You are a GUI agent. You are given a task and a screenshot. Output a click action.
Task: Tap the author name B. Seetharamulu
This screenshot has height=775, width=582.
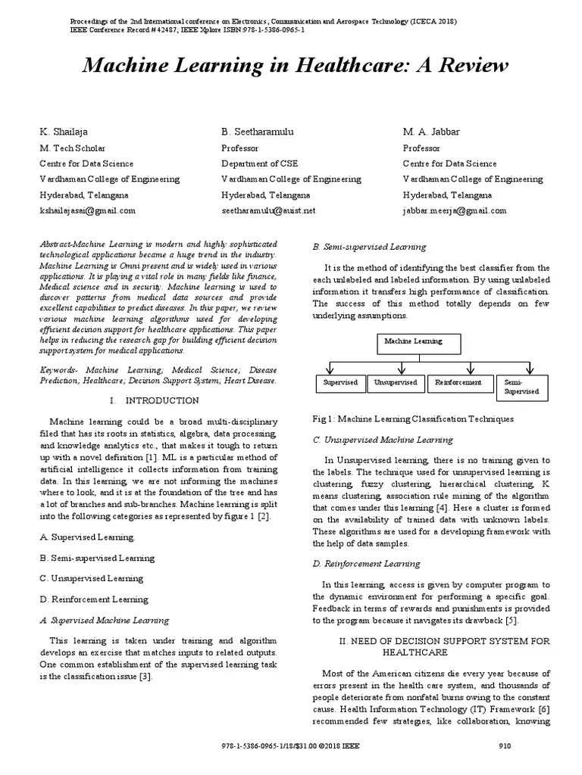(x=258, y=132)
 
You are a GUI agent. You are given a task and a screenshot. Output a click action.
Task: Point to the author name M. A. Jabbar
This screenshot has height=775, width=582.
(x=431, y=132)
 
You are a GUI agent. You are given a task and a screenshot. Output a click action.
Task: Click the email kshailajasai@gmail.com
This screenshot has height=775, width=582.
(x=87, y=211)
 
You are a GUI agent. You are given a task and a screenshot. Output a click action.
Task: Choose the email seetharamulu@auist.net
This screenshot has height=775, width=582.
(x=268, y=211)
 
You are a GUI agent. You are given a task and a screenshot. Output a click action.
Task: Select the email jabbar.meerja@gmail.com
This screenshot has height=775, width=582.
(x=455, y=211)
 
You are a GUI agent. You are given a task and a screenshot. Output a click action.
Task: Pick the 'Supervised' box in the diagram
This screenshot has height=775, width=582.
(x=340, y=384)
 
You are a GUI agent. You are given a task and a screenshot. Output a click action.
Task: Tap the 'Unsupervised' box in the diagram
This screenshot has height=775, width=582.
(x=396, y=384)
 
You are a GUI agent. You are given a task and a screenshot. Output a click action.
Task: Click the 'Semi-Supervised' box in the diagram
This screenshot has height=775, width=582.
(x=521, y=387)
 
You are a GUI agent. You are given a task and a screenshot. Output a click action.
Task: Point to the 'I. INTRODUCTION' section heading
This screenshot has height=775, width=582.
(x=155, y=400)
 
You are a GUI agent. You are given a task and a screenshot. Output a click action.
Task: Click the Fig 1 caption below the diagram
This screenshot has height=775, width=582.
(x=413, y=419)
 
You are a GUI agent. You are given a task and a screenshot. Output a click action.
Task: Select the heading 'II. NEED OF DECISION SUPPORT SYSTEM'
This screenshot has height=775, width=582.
(x=444, y=642)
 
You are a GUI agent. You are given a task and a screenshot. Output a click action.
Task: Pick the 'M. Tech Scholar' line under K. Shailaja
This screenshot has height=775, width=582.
(x=73, y=148)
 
